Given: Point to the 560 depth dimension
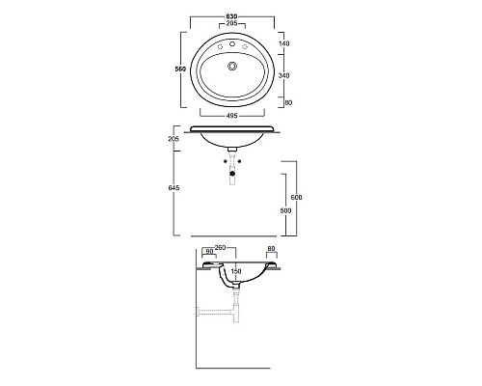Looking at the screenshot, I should point(178,70).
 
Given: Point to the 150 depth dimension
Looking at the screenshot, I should point(235,271).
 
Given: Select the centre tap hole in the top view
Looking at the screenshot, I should point(232,42).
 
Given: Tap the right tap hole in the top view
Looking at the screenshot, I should point(246,46).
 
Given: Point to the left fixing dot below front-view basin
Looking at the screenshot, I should point(226,162).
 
